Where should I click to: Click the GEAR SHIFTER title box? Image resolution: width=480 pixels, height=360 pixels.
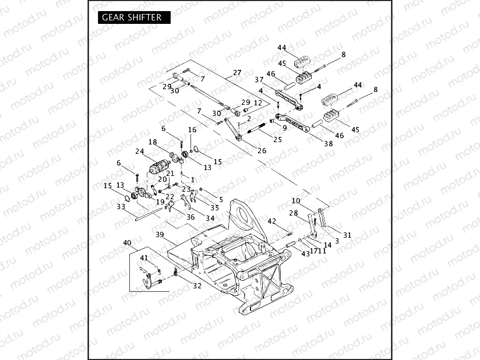click(x=132, y=17)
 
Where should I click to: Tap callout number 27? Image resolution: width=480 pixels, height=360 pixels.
click(x=237, y=73)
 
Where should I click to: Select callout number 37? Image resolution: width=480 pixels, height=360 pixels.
click(x=259, y=80)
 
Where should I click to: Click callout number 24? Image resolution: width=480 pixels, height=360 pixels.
click(x=139, y=152)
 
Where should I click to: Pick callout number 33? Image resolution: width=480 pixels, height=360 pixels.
click(x=121, y=206)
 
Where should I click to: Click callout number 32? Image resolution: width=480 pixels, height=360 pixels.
click(x=197, y=285)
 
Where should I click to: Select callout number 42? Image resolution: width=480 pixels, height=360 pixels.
click(x=271, y=221)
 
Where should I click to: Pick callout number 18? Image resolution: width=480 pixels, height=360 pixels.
click(x=153, y=142)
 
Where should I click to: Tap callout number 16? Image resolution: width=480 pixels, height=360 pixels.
click(x=192, y=129)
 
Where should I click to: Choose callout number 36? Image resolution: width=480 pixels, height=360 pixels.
click(x=190, y=217)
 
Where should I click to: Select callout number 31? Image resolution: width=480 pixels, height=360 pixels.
click(x=347, y=235)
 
